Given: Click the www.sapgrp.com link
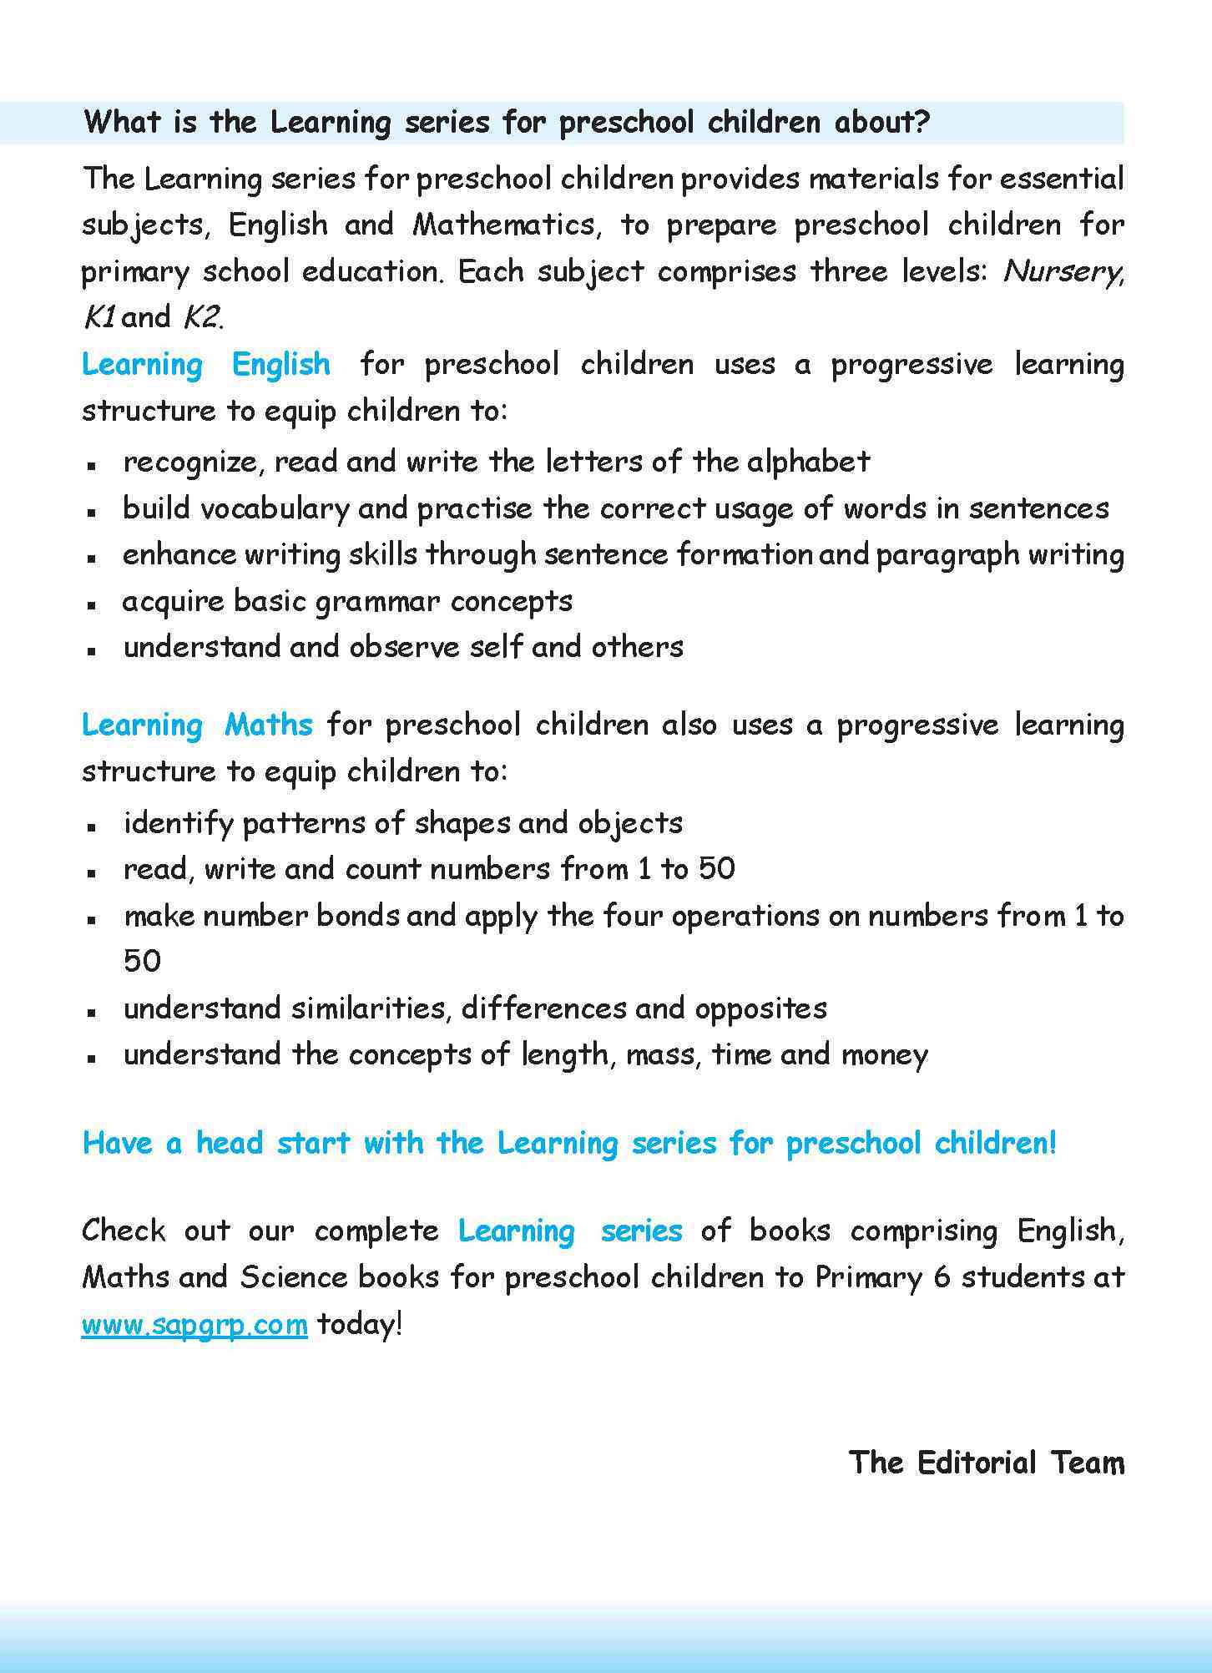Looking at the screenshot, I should pyautogui.click(x=194, y=1324).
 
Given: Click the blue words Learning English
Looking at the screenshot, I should pyautogui.click(x=206, y=365).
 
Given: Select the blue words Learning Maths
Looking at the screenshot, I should pyautogui.click(x=197, y=725).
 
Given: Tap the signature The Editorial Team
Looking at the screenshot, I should pyautogui.click(x=986, y=1463).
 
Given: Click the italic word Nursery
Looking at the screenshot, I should pyautogui.click(x=1061, y=271).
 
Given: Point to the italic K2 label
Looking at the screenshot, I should pyautogui.click(x=201, y=318).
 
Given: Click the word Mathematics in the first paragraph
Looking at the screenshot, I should pyautogui.click(x=503, y=225).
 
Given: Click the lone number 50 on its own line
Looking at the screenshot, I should pyautogui.click(x=142, y=961).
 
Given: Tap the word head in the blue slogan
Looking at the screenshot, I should pyautogui.click(x=229, y=1143).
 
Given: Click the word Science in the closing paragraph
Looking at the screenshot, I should pyautogui.click(x=294, y=1277).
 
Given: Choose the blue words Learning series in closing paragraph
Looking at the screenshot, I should pyautogui.click(x=570, y=1231).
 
